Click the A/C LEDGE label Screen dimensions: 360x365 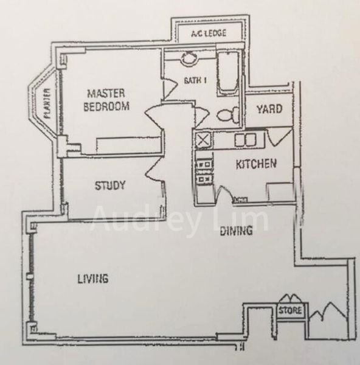[x=209, y=33]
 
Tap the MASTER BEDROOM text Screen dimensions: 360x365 [x=106, y=100]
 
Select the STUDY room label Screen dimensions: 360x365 [x=110, y=186]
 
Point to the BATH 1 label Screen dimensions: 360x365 [x=195, y=80]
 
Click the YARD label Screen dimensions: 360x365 [x=269, y=109]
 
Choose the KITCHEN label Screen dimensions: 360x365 [x=256, y=164]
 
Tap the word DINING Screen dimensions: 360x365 [x=236, y=231]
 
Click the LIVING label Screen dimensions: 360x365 [x=93, y=279]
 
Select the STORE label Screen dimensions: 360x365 [x=290, y=310]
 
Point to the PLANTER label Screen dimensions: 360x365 [x=47, y=104]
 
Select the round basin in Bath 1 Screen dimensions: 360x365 [x=189, y=57]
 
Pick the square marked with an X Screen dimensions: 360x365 [x=204, y=140]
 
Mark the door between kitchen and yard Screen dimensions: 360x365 [x=280, y=137]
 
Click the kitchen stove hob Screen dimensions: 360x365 [x=204, y=170]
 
